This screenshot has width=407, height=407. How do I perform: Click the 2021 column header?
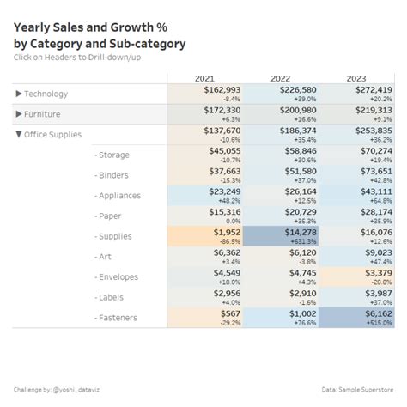pos(205,78)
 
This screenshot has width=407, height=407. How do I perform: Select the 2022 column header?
pos(281,78)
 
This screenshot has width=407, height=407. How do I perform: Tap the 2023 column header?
pos(356,78)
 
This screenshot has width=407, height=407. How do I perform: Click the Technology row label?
pos(46,94)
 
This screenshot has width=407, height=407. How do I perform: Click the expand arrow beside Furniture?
pos(19,114)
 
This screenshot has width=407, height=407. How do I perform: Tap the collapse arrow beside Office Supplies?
pos(19,135)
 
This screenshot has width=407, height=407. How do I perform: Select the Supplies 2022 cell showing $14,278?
pos(281,236)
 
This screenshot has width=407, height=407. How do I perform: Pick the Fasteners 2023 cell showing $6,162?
pos(356,318)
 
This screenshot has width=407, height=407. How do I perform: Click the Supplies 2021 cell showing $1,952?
pos(205,236)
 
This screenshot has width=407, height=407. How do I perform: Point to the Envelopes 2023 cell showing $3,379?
pos(356,277)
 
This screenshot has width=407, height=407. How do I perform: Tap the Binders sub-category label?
pos(113,175)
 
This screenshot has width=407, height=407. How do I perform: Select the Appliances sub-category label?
pos(119,196)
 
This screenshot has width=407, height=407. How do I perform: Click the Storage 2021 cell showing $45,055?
pos(205,155)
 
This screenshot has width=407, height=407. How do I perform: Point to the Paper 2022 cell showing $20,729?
pos(281,216)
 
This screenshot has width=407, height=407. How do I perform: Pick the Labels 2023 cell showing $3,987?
pos(356,297)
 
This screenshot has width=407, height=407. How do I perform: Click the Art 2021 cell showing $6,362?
pos(205,257)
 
